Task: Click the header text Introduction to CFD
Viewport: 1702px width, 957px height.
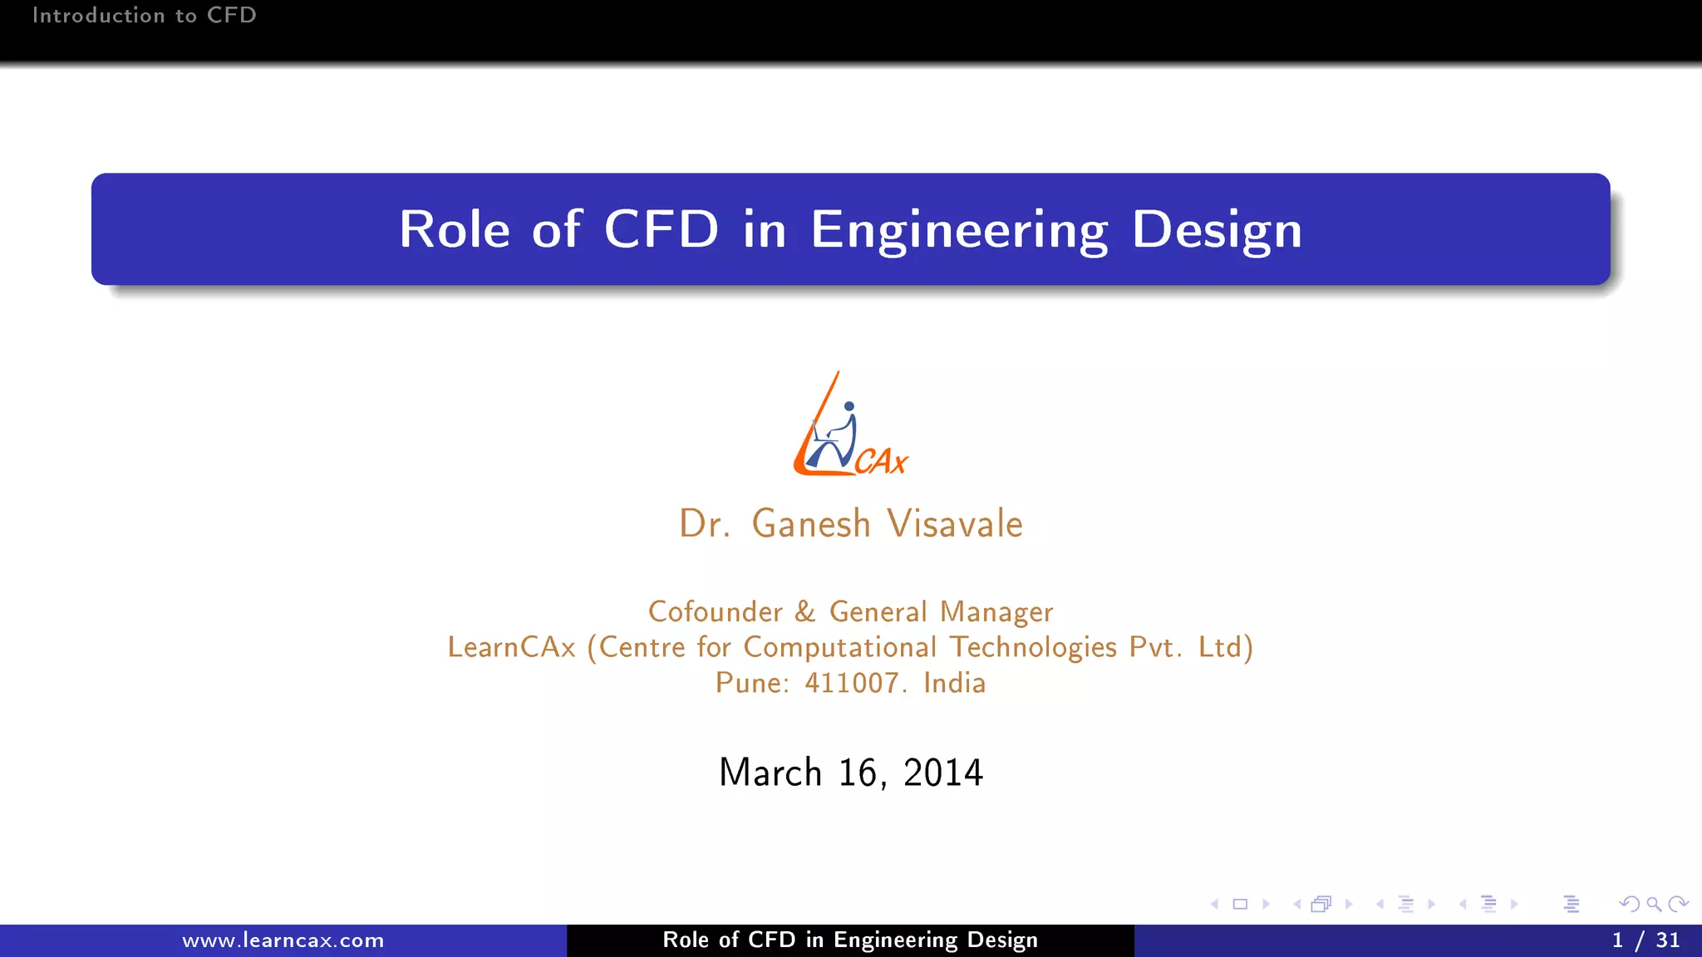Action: [x=144, y=16]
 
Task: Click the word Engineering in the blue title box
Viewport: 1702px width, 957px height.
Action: [x=958, y=230]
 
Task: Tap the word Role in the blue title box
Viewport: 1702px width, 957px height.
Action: [x=454, y=229]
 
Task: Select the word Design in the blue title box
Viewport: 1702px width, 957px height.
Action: [x=1217, y=230]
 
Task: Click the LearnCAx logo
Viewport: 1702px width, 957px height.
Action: [x=849, y=425]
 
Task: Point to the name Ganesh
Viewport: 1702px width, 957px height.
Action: [x=810, y=524]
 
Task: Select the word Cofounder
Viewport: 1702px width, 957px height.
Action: [x=715, y=612]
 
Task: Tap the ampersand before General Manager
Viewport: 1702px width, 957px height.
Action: [x=804, y=612]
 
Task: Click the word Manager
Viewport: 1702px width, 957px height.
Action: [x=996, y=612]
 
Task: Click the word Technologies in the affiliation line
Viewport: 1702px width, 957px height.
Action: [x=1033, y=648]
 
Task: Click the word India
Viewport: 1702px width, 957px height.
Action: [x=954, y=684]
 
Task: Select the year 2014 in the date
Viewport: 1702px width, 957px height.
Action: [x=942, y=773]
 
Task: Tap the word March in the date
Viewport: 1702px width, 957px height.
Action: [x=770, y=773]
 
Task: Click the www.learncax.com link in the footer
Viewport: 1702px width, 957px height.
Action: [x=283, y=941]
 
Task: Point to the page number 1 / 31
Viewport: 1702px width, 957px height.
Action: [x=1645, y=940]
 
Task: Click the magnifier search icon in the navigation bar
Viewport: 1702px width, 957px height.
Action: [x=1654, y=905]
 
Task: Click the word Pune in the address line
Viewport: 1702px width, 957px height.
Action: [x=751, y=684]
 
